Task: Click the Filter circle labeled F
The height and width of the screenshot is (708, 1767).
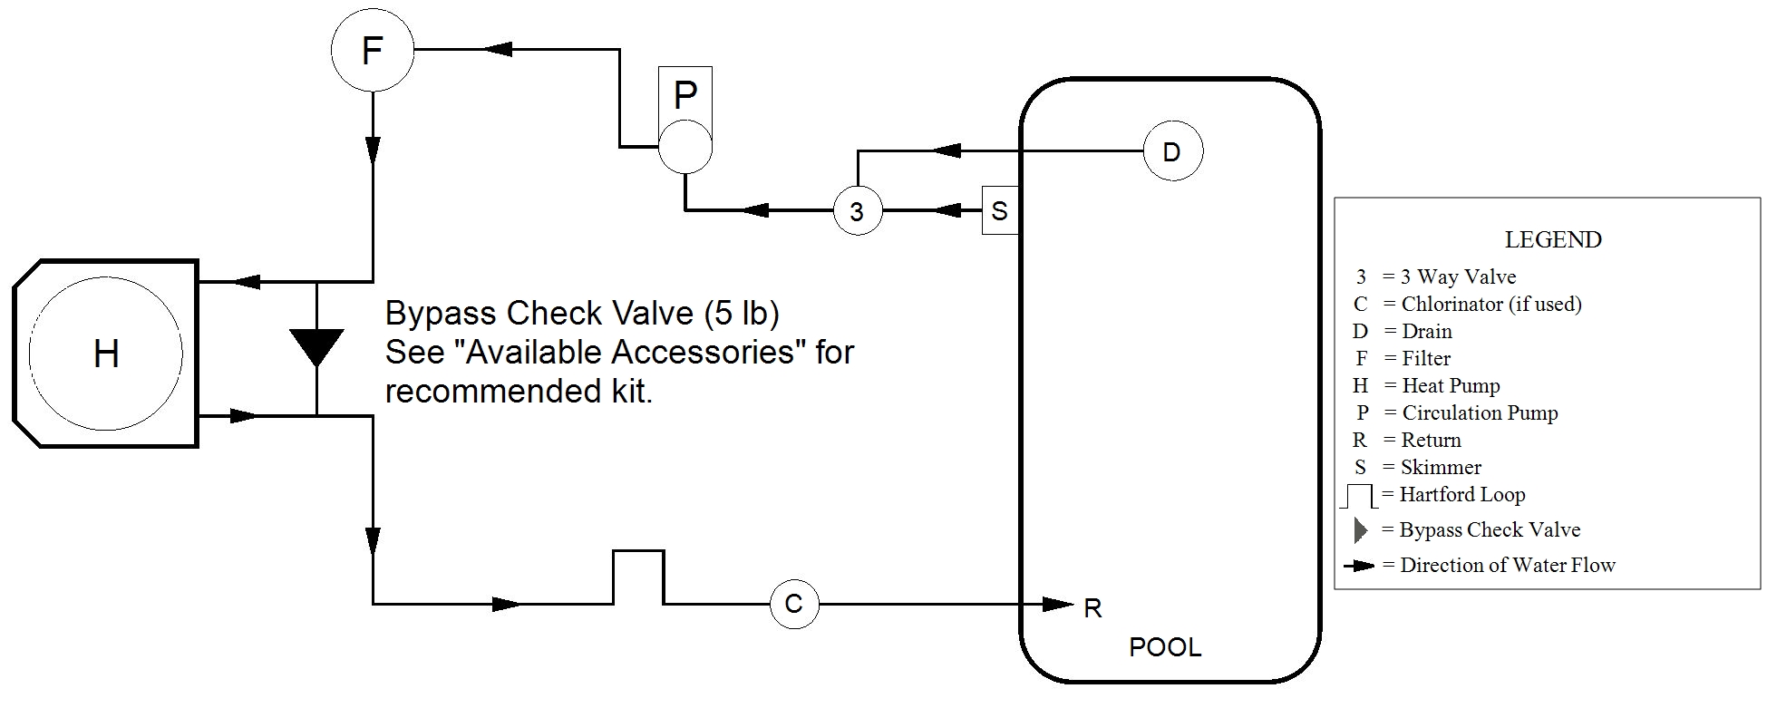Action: pos(372,51)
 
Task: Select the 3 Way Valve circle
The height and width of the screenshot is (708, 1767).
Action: pos(857,211)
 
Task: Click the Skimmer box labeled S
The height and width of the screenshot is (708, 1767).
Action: pos(1000,211)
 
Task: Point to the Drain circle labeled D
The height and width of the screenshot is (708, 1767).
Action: pos(1171,151)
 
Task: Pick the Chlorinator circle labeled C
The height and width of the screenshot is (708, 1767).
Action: pos(793,604)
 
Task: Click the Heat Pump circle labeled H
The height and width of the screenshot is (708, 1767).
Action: pos(106,354)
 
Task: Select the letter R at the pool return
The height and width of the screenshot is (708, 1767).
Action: pos(1092,609)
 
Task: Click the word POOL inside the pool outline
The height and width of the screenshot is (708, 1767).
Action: pos(1165,647)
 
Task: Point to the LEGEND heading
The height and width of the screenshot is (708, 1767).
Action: pos(1552,240)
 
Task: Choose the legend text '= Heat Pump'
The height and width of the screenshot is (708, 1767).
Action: pos(1442,386)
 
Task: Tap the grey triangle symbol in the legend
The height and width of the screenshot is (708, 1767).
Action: pos(1360,530)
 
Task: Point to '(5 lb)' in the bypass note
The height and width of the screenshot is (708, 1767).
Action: pos(742,313)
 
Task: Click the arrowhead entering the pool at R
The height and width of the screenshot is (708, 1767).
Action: pos(1057,604)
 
